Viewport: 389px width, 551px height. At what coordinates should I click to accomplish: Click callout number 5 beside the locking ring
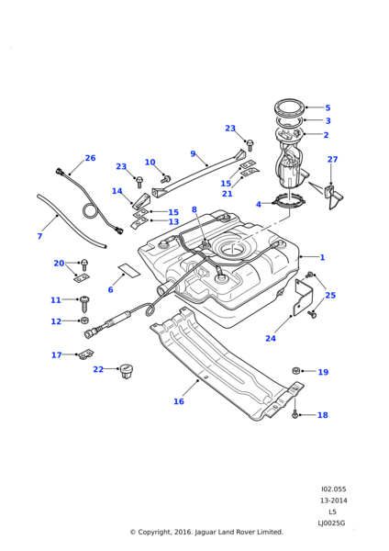(x=328, y=107)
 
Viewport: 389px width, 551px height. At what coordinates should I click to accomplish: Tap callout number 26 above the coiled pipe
(x=90, y=158)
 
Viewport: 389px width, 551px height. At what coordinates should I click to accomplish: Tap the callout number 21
(x=252, y=194)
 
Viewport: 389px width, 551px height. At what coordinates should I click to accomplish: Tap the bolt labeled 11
(x=84, y=301)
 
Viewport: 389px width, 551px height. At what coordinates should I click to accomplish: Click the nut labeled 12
(x=84, y=321)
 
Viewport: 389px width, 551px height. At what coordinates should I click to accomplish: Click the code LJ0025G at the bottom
(x=332, y=523)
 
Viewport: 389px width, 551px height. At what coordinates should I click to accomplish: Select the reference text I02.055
(x=332, y=489)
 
